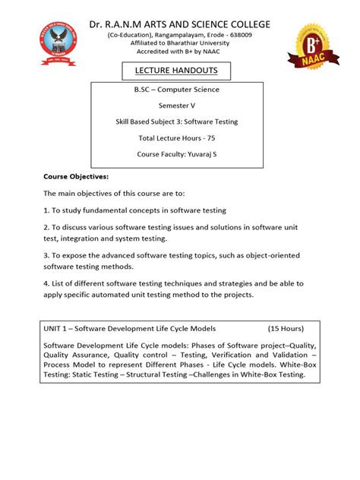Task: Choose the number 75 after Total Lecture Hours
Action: [x=207, y=138]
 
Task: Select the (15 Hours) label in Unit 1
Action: [x=286, y=329]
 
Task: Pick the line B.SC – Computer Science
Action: [x=176, y=90]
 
